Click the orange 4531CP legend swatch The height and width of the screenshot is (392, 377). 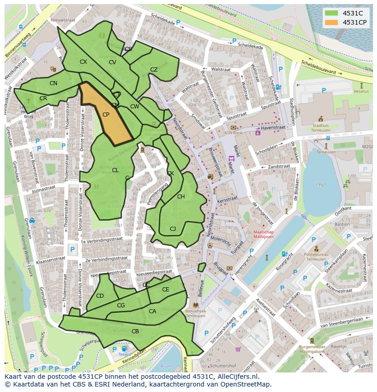click(x=332, y=22)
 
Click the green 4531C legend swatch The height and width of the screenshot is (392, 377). click(x=332, y=13)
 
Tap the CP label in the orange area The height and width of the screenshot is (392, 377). click(x=106, y=115)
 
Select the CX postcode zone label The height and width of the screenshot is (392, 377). click(x=83, y=62)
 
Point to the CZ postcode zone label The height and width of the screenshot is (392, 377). click(x=154, y=70)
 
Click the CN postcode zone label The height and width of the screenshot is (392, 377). click(x=53, y=83)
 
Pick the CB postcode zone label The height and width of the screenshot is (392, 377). click(x=135, y=331)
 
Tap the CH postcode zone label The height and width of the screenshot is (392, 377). click(x=181, y=197)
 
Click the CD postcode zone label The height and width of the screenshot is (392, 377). click(x=100, y=296)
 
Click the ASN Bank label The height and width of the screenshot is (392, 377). click(x=233, y=133)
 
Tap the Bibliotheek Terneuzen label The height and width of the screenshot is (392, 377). click(x=196, y=313)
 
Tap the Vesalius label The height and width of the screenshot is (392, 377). click(x=361, y=91)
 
